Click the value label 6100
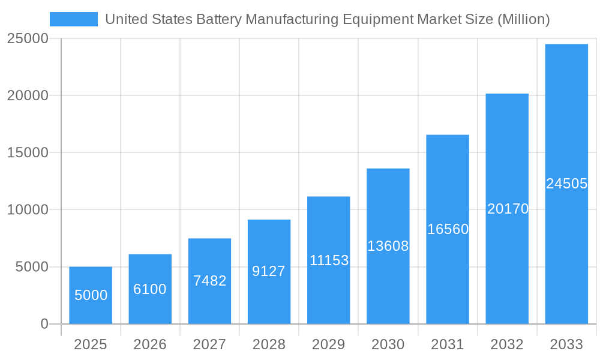pos(150,289)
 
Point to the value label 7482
pos(209,281)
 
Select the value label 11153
pos(329,260)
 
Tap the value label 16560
pos(448,229)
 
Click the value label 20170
pos(508,209)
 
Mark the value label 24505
pos(566,184)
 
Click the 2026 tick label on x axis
pos(150,344)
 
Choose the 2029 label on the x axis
pos(329,344)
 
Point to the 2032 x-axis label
pos(507,344)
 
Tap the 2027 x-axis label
pos(209,344)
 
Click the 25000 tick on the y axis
pos(27,38)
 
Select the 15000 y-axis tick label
pos(27,152)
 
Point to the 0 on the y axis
pos(44,324)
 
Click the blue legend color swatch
pos(73,19)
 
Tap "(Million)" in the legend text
pos(523,19)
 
